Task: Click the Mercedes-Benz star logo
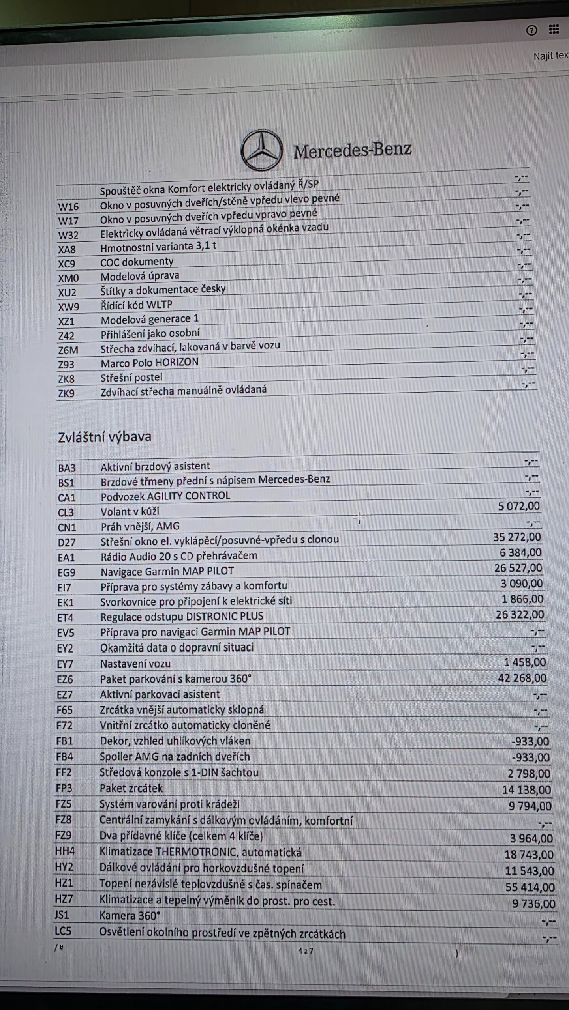[x=262, y=150]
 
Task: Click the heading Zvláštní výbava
[x=105, y=437]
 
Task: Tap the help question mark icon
[x=531, y=30]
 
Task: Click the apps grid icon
[x=554, y=29]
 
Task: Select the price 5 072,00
[x=518, y=506]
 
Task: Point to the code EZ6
[x=65, y=679]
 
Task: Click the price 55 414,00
[x=530, y=887]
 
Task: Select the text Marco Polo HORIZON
[x=149, y=362]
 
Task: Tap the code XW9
[x=68, y=307]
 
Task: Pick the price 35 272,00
[x=517, y=537]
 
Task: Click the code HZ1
[x=64, y=883]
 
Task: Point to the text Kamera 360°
[x=130, y=916]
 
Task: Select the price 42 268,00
[x=522, y=678]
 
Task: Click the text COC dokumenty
[x=137, y=262]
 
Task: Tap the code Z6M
[x=68, y=350]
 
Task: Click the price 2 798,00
[x=529, y=773]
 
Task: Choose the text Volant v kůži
[x=130, y=511]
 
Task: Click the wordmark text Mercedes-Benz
[x=352, y=150]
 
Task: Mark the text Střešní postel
[x=131, y=378]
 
